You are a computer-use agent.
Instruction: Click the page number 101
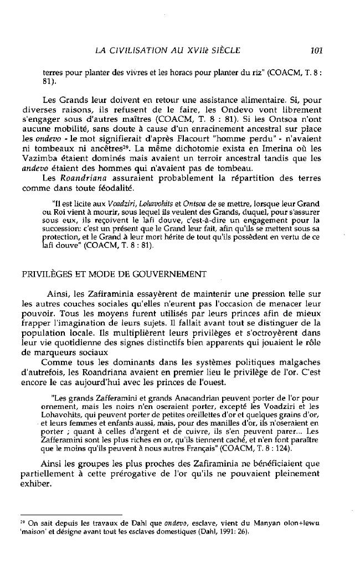pos(316,51)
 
